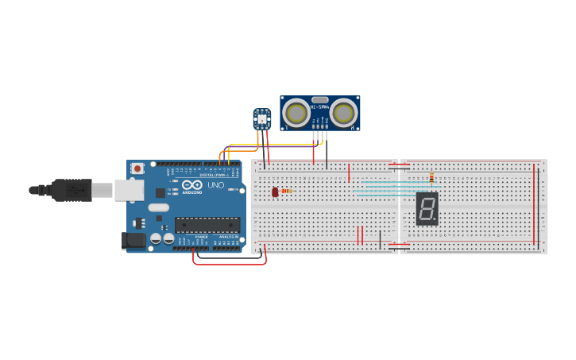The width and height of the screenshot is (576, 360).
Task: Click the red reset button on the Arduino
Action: (x=137, y=168)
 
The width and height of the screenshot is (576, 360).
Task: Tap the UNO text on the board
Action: (x=215, y=185)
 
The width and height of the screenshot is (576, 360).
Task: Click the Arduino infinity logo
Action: (x=191, y=185)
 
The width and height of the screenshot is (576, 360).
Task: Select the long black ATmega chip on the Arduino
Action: (x=207, y=225)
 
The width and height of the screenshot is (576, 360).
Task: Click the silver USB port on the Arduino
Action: (x=129, y=190)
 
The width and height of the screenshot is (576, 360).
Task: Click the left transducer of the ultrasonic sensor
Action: (x=296, y=113)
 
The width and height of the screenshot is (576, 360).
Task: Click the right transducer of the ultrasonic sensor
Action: (x=343, y=113)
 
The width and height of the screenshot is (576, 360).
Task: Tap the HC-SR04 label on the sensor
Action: (x=319, y=106)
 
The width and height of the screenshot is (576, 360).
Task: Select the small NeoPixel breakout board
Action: (x=261, y=119)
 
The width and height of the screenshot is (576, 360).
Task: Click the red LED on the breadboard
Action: (x=275, y=192)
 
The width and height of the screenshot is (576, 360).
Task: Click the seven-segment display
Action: (x=427, y=209)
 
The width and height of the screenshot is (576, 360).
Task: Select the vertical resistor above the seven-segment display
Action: (x=431, y=178)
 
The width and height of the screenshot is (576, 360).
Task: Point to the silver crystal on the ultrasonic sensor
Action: (x=319, y=100)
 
